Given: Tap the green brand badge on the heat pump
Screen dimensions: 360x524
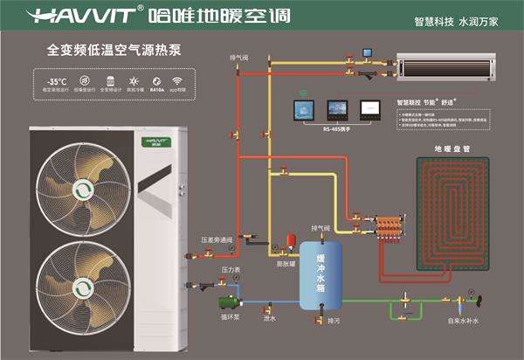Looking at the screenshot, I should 157,140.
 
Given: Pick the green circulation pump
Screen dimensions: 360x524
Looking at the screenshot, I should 230,303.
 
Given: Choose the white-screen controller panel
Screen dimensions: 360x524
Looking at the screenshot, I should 369,109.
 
